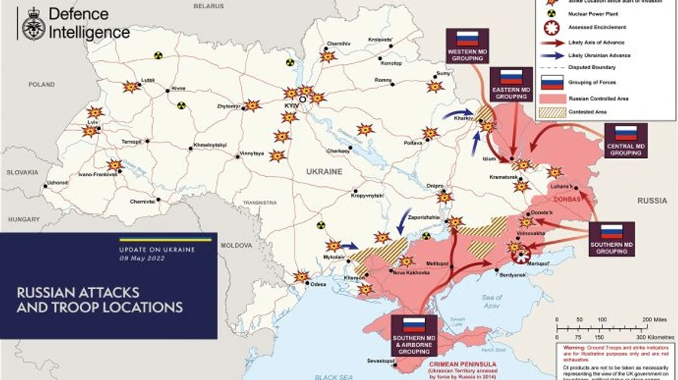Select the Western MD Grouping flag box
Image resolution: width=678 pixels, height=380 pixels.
point(467,45)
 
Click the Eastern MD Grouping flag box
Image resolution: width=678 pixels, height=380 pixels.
point(511,84)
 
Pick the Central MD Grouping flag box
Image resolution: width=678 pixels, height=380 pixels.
point(625,141)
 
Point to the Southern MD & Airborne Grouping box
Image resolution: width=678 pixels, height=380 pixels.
point(414,334)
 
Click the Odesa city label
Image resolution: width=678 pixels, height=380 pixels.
point(319,284)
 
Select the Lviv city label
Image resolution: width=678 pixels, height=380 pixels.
point(93,122)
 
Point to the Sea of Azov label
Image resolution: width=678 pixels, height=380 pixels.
point(491,301)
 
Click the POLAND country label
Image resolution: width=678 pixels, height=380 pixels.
point(42,85)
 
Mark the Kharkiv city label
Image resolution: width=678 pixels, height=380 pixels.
point(463,119)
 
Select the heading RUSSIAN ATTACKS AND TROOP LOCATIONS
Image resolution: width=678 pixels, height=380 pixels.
point(99,299)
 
